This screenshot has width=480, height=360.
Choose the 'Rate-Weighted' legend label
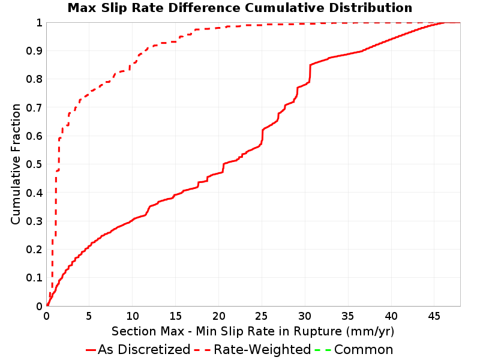click(x=262, y=350)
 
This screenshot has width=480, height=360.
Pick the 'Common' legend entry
click(x=364, y=350)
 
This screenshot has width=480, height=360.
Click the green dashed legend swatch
click(x=323, y=350)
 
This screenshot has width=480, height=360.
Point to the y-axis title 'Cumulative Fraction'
click(x=16, y=164)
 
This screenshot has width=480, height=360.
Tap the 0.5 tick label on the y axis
click(x=34, y=164)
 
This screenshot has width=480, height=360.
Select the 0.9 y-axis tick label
click(x=34, y=51)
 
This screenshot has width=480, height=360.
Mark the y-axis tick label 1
click(x=39, y=23)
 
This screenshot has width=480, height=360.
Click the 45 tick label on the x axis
click(x=434, y=316)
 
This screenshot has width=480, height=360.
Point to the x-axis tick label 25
click(x=262, y=316)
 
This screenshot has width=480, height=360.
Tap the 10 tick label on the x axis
click(x=132, y=316)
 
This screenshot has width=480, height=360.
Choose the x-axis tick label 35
click(x=348, y=316)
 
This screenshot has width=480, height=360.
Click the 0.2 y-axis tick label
click(x=34, y=250)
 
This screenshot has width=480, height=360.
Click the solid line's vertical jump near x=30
click(x=310, y=73)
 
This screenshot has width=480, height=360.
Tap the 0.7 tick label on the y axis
click(x=34, y=108)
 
